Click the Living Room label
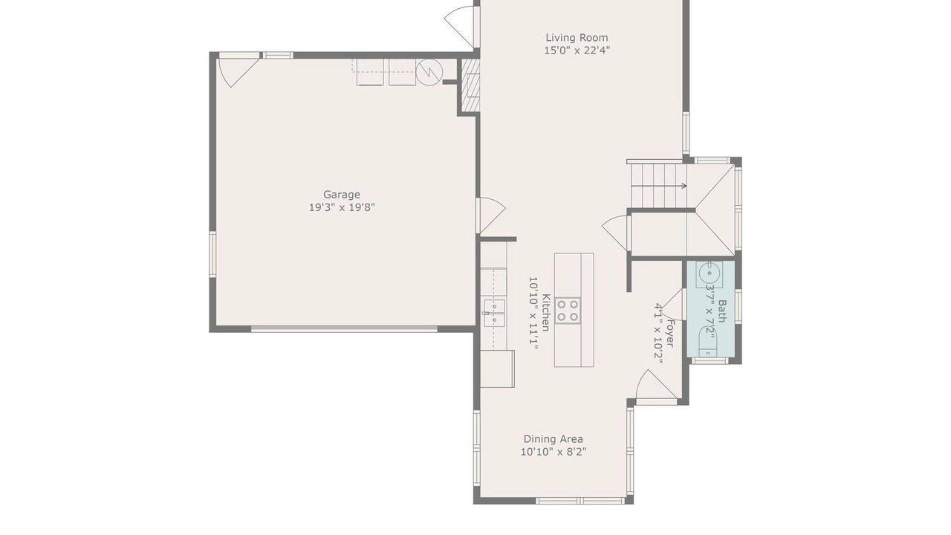pyautogui.click(x=577, y=38)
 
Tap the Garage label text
pyautogui.click(x=342, y=195)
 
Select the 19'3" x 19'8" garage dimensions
pyautogui.click(x=342, y=207)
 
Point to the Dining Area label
pyautogui.click(x=554, y=439)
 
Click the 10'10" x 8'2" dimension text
pyautogui.click(x=554, y=452)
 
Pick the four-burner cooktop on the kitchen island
pyautogui.click(x=568, y=311)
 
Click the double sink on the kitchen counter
pyautogui.click(x=495, y=313)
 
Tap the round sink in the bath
pyautogui.click(x=709, y=273)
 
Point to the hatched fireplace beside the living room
pyautogui.click(x=470, y=85)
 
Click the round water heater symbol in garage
pyautogui.click(x=429, y=72)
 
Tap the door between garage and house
pyautogui.click(x=491, y=215)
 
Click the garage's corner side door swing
pyautogui.click(x=238, y=73)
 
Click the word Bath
pyautogui.click(x=721, y=311)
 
